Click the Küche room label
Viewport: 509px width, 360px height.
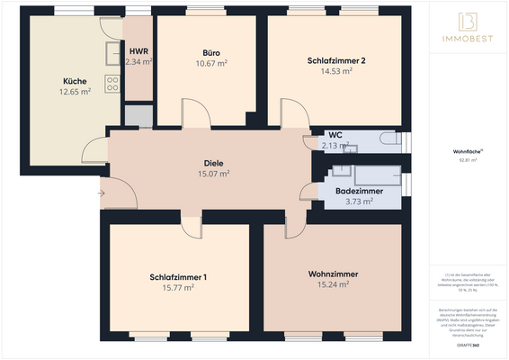coord(75,81)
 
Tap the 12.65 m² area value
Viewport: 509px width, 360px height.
coord(75,92)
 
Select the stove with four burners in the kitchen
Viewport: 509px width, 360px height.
coord(113,85)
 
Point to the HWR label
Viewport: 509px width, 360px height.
coord(138,51)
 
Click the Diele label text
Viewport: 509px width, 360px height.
coord(213,163)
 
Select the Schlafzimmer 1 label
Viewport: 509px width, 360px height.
coord(178,276)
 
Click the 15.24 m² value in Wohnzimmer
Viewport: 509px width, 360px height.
coord(333,283)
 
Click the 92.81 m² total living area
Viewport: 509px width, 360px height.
coord(468,160)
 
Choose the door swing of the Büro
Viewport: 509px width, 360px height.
coord(194,113)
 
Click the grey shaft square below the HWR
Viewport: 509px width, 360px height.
coord(138,115)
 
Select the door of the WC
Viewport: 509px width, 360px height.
coord(312,141)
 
